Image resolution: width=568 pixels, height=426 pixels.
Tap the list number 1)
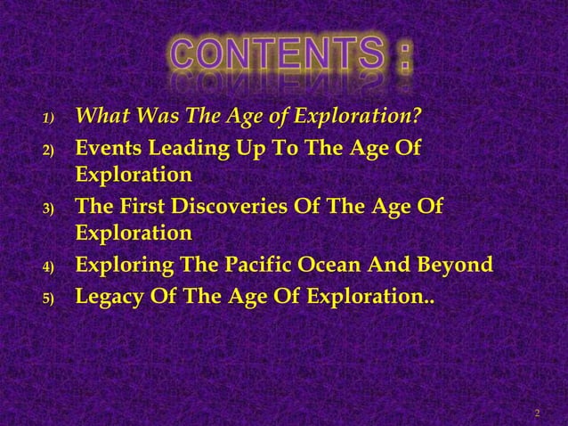coord(51,119)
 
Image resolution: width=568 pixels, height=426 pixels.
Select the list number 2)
coord(51,149)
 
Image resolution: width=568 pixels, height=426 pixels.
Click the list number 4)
coord(51,266)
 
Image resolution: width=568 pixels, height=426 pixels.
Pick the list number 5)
coord(51,297)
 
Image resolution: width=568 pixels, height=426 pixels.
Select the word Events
coord(106,146)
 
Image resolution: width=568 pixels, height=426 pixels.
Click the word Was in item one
coord(147,116)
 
